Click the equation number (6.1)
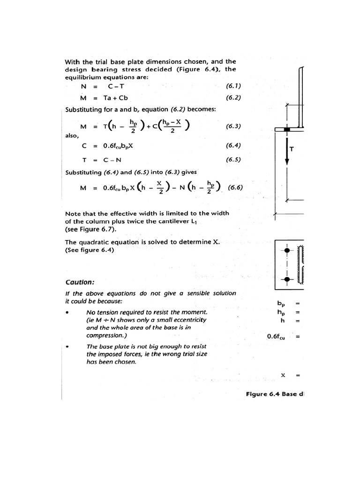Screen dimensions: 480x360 coord(233,86)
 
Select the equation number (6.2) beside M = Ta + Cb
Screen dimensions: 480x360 coord(233,98)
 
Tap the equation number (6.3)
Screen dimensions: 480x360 coord(233,126)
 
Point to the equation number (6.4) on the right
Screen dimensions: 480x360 coord(233,145)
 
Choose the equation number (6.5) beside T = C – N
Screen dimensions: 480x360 coord(233,159)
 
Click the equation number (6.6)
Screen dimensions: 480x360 coord(235,188)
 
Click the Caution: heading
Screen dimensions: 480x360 coord(80,282)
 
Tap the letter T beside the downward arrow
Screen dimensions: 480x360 coord(292,150)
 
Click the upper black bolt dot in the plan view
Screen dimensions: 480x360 coord(287,250)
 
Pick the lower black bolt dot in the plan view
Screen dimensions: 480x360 coord(287,280)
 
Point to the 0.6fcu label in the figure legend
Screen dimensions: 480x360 coord(277,337)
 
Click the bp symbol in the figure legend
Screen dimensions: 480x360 coord(281,304)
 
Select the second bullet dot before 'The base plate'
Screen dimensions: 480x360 coord(68,347)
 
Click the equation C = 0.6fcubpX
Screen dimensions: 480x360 coord(107,146)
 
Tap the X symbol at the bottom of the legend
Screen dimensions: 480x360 coord(283,375)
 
